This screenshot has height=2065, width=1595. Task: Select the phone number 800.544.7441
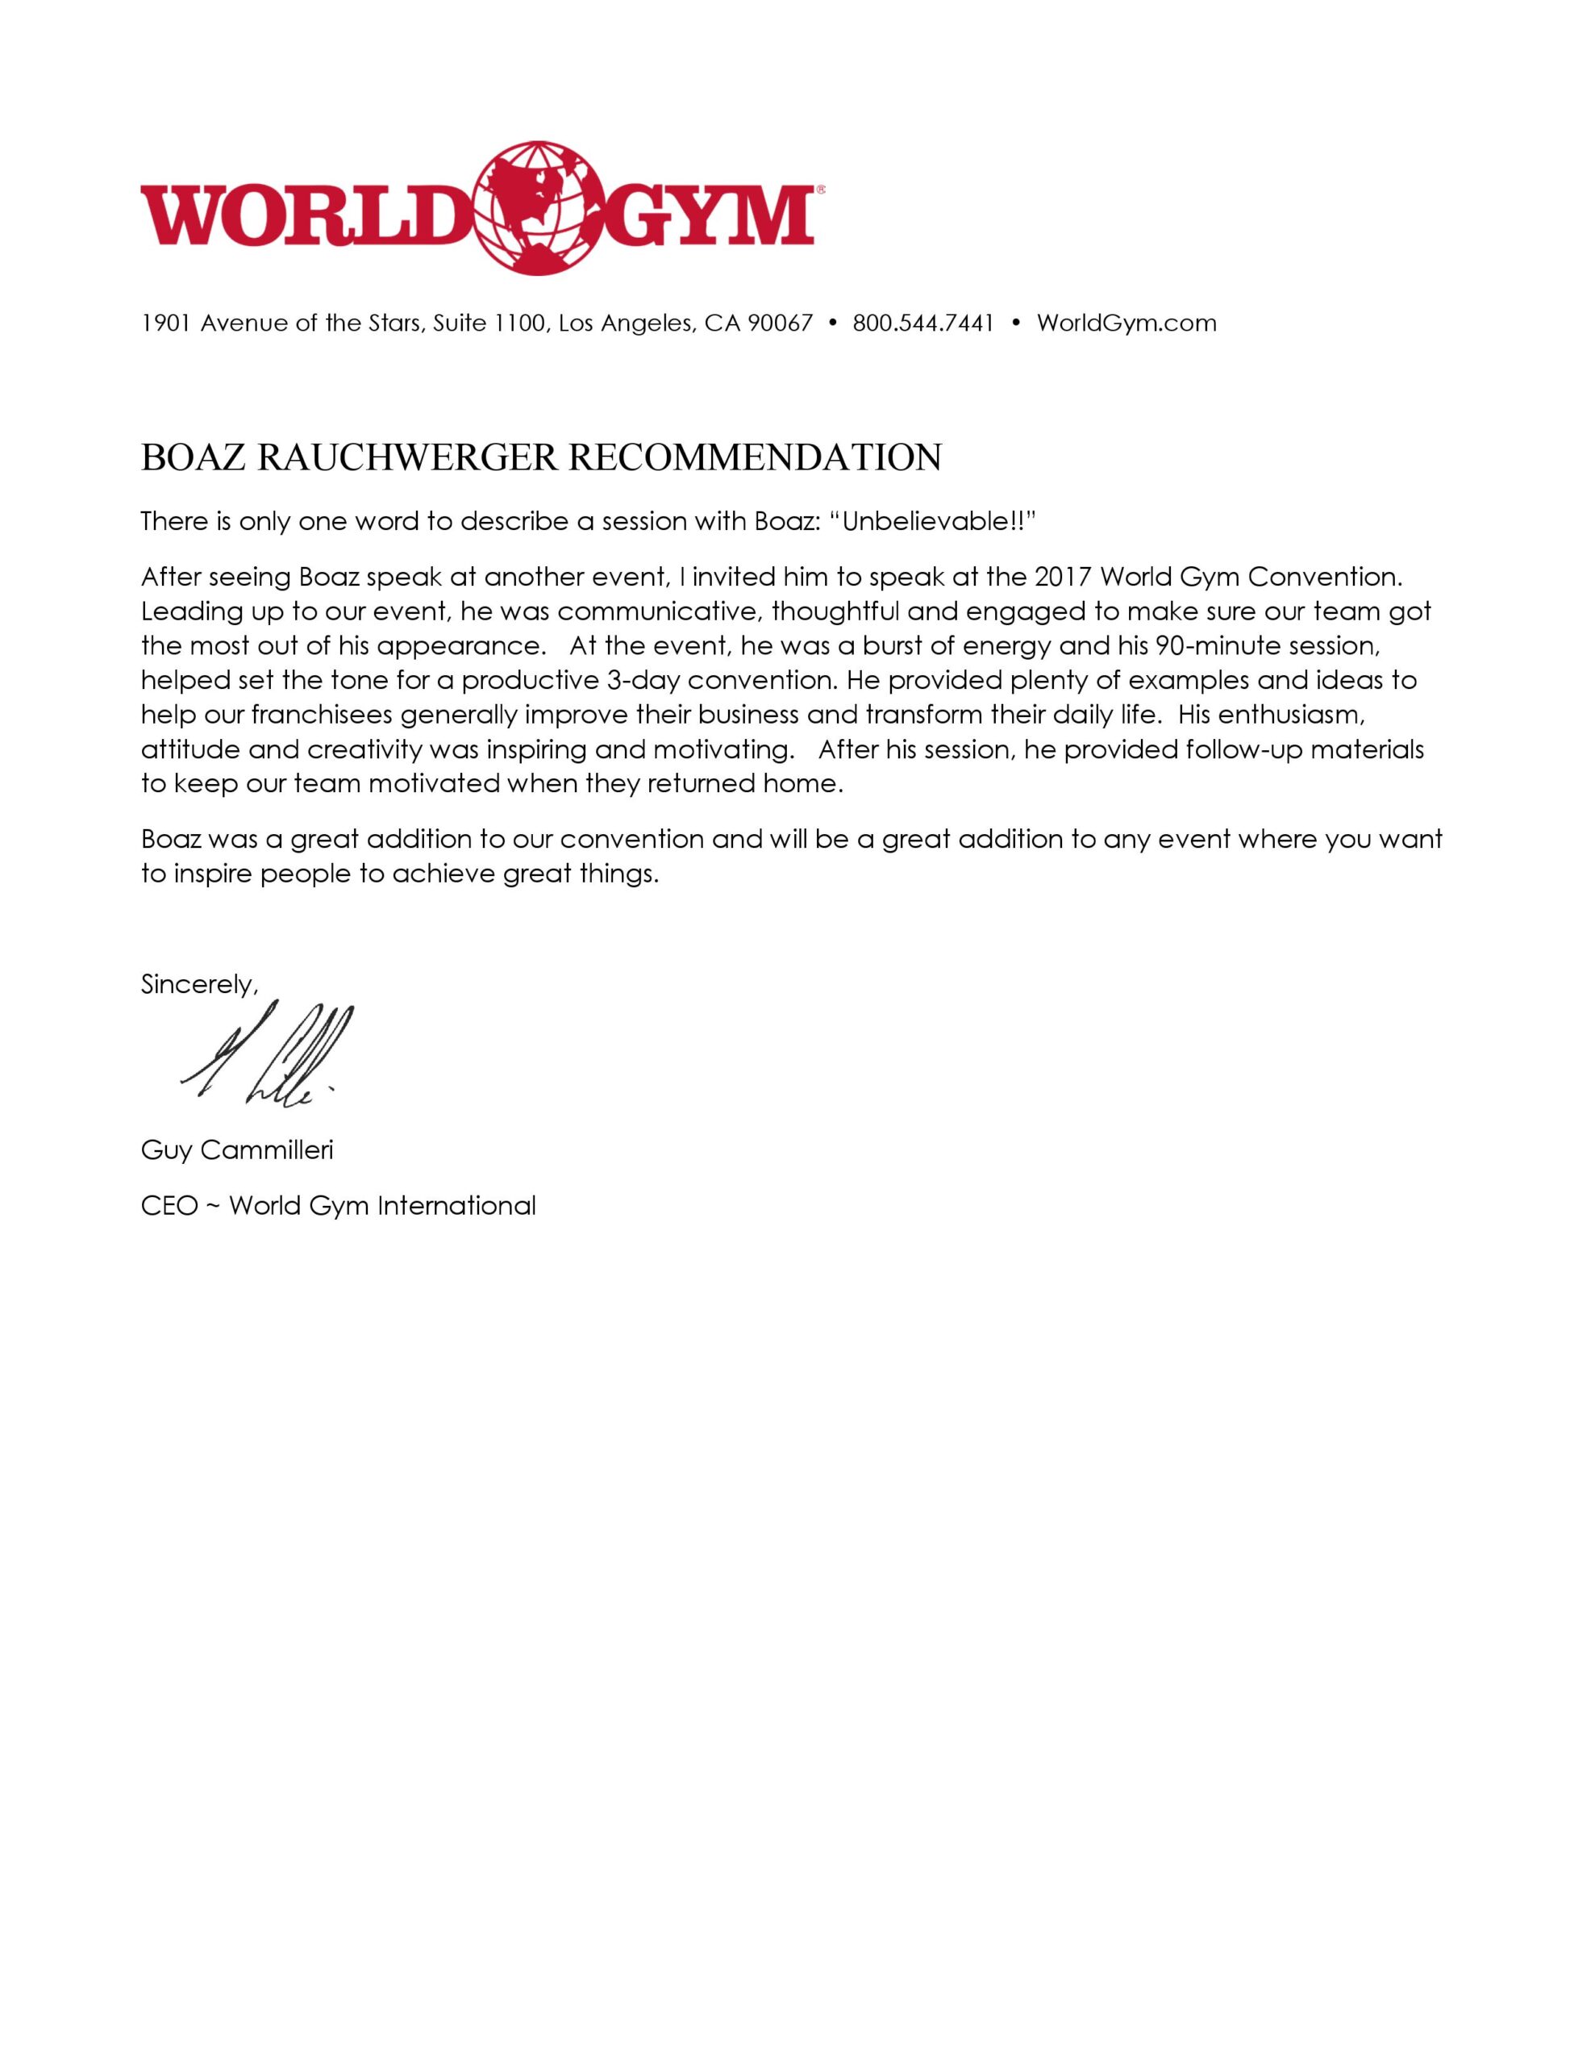(922, 323)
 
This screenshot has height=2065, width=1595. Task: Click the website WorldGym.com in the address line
(1126, 323)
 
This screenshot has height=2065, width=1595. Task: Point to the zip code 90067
(780, 323)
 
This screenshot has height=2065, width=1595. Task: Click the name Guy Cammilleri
(236, 1151)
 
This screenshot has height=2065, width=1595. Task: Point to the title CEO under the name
(169, 1207)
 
